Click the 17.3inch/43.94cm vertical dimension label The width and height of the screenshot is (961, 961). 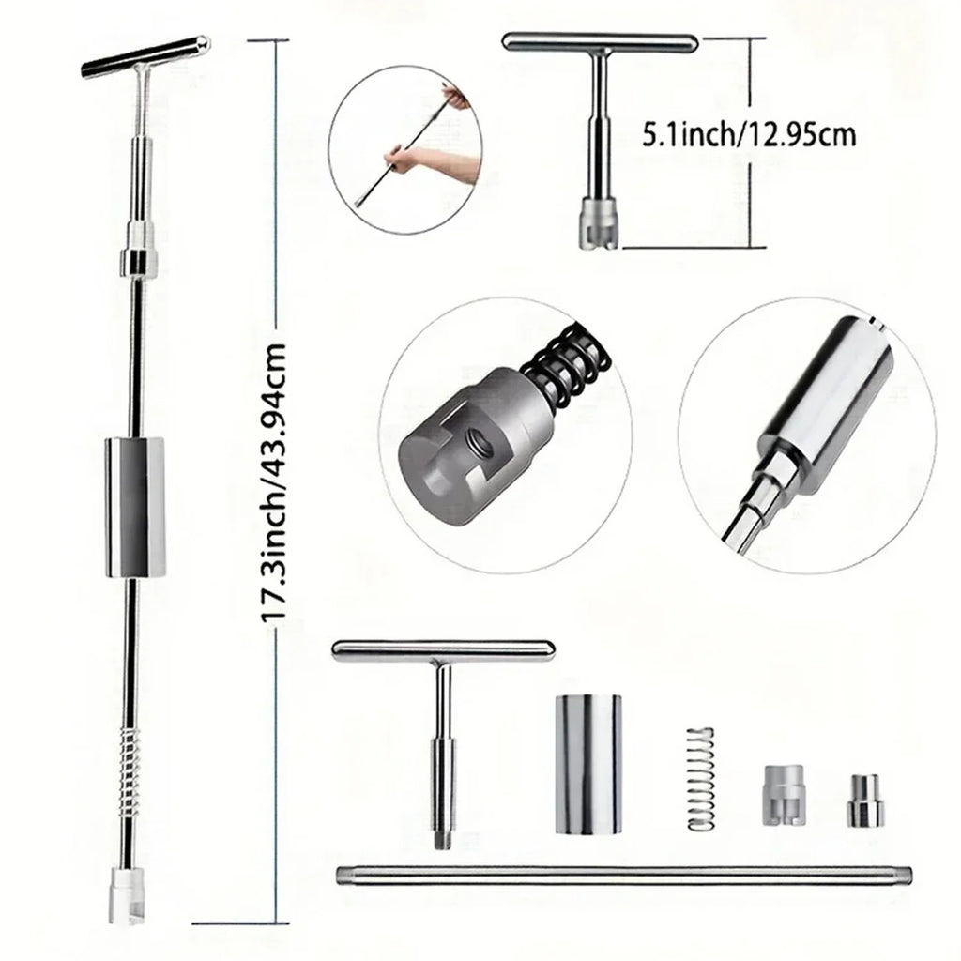click(273, 483)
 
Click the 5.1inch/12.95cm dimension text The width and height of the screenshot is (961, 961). click(748, 134)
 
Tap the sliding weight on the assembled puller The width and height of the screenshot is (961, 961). click(135, 508)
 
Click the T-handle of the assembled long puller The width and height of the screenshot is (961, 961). click(145, 56)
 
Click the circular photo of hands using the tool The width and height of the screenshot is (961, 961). click(405, 149)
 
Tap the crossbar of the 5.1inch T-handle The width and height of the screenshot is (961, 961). click(600, 42)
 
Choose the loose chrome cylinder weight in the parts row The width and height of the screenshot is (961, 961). click(588, 764)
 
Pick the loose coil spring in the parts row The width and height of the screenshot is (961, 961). click(700, 779)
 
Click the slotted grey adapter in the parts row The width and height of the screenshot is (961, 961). click(783, 794)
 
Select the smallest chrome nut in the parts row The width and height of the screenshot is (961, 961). click(866, 801)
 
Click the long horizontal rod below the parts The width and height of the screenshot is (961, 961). click(624, 876)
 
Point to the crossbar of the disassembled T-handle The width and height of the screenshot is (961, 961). click(443, 650)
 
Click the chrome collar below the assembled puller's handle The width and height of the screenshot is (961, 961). click(139, 261)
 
